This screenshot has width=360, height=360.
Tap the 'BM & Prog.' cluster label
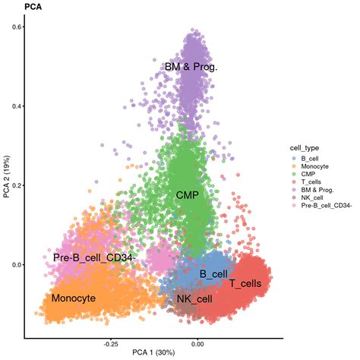(191, 68)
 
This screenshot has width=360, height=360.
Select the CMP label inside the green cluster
(187, 195)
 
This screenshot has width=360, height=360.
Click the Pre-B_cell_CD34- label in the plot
(93, 258)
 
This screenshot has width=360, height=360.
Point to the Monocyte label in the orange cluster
(74, 298)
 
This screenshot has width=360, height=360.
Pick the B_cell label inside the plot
(213, 273)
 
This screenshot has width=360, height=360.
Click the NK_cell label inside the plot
(194, 298)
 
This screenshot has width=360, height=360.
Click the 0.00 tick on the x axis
(198, 343)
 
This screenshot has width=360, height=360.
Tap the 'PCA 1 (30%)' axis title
(155, 353)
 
